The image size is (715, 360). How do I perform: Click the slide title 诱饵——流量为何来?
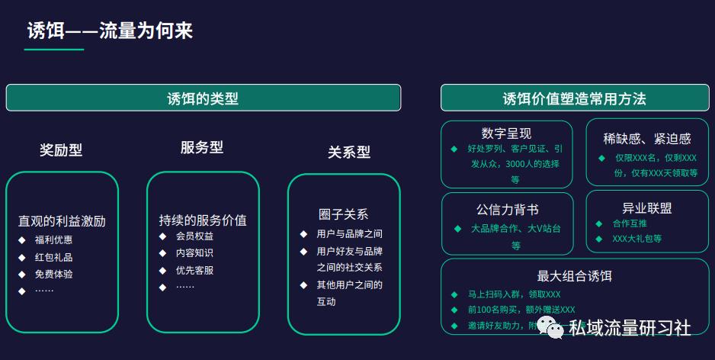pos(110,31)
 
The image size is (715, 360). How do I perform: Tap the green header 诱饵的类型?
pos(203,98)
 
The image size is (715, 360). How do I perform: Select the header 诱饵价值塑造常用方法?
pos(574,98)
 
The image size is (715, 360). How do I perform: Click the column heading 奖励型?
pos(61,150)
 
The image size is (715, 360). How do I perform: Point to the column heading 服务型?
pos(202,148)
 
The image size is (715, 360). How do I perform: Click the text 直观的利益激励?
pos(62,221)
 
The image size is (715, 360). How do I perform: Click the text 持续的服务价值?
pos(203,220)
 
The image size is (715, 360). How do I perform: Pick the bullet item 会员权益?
pos(194,236)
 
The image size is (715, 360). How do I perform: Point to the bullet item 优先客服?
pos(194,270)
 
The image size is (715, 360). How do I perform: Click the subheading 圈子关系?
pos(343,214)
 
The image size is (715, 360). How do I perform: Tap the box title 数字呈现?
pos(506,134)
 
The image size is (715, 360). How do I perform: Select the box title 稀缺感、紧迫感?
pos(646,138)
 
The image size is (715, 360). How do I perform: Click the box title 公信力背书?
pos(507,209)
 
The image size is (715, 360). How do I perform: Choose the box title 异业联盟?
pos(646,208)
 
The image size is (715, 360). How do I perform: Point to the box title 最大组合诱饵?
pos(574,276)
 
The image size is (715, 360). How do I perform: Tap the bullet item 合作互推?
pos(630,223)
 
